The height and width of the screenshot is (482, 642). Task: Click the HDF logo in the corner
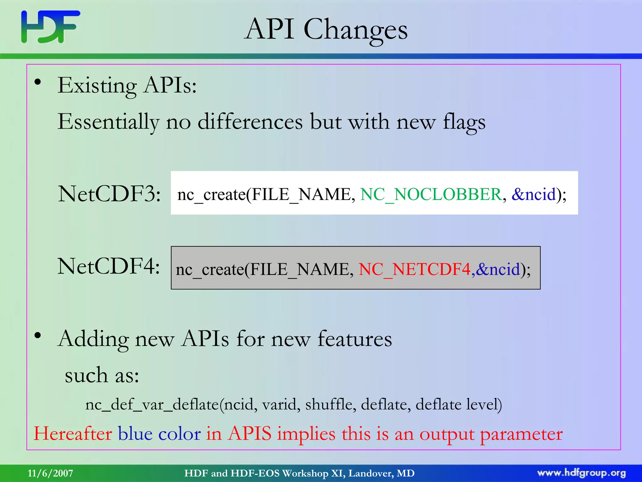(x=50, y=27)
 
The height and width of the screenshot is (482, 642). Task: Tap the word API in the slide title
(x=270, y=29)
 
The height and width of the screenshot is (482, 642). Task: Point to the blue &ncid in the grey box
(x=498, y=269)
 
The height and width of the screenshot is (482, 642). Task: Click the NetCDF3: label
(x=109, y=194)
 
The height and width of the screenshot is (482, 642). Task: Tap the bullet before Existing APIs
(x=38, y=82)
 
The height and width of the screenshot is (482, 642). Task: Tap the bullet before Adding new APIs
(x=38, y=335)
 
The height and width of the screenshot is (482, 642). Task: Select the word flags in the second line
(x=464, y=122)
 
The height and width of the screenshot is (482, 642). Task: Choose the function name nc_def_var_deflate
(x=152, y=404)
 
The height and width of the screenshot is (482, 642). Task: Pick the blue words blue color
(x=159, y=434)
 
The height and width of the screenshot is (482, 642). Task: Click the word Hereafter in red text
(x=73, y=434)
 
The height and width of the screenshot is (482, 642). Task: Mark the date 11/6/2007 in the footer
(x=50, y=473)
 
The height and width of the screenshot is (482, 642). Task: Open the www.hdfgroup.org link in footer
(x=581, y=473)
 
